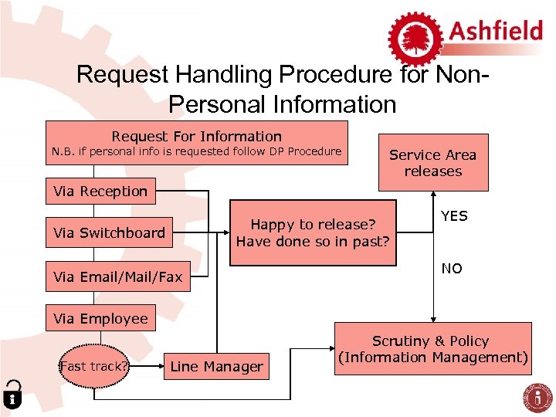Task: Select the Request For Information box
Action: [196, 143]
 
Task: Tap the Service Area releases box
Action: [432, 163]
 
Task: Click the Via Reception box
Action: [100, 191]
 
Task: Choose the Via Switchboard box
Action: [109, 232]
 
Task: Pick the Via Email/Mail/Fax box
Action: [117, 276]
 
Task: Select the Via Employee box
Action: [100, 318]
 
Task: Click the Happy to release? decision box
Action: [313, 232]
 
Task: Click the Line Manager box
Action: [216, 366]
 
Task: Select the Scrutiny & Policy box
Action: [432, 349]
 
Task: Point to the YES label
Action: [454, 216]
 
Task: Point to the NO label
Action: [452, 269]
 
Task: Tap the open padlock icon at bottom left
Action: [12, 394]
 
